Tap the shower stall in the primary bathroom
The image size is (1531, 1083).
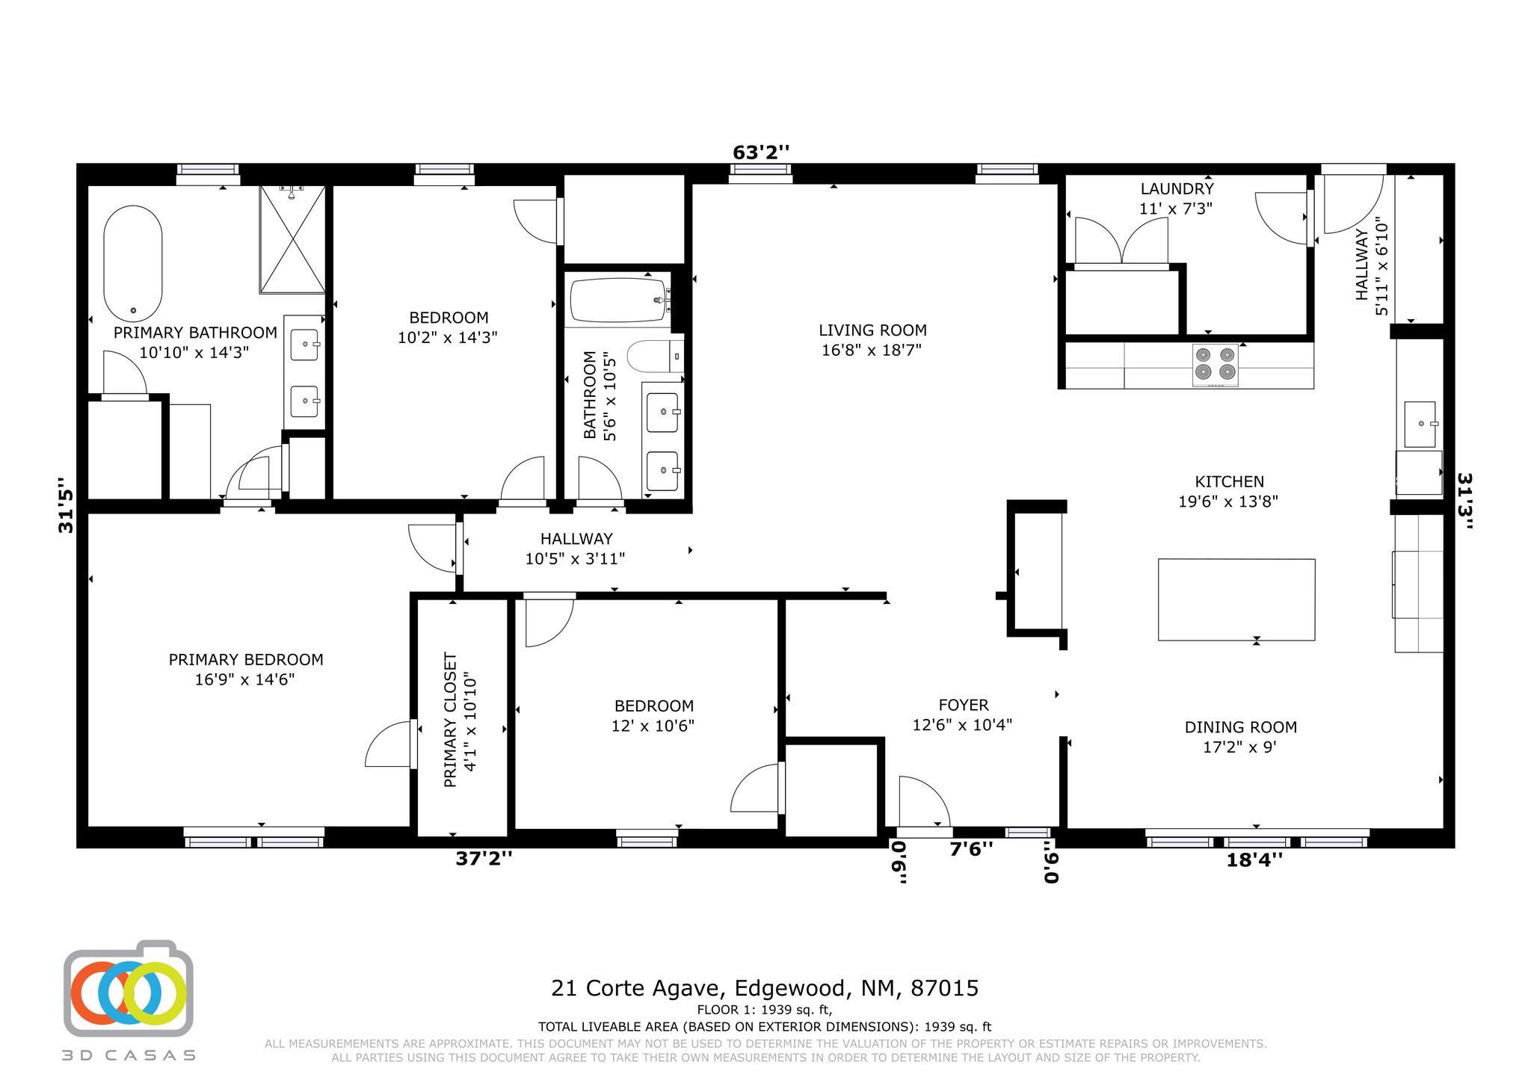(x=292, y=239)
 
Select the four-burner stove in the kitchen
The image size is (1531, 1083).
(x=1215, y=365)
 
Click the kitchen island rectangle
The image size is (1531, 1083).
(x=1236, y=599)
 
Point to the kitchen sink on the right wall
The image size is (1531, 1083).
(x=1420, y=424)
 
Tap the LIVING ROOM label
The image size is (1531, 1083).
(x=872, y=330)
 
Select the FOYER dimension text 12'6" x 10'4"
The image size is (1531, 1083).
(x=962, y=725)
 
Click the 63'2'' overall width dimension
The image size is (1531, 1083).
(x=760, y=152)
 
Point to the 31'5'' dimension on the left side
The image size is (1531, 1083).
(x=67, y=505)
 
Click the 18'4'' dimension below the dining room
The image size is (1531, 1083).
(x=1254, y=860)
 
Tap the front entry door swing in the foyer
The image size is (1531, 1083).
(x=923, y=802)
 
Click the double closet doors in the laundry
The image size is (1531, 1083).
(x=1121, y=241)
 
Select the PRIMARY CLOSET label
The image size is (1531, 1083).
(x=450, y=720)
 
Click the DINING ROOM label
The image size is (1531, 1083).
(x=1240, y=727)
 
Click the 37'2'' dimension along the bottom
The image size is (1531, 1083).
(x=484, y=859)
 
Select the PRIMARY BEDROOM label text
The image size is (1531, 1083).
(x=245, y=660)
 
